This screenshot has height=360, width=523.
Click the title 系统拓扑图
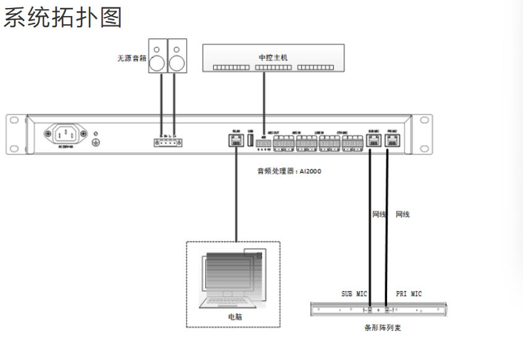click(x=62, y=17)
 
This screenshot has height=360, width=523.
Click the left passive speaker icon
click(x=158, y=56)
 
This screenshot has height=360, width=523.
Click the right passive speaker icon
click(x=177, y=56)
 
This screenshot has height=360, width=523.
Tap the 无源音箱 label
click(x=131, y=59)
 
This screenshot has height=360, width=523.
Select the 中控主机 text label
click(x=273, y=58)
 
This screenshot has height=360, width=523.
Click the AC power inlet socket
click(x=65, y=134)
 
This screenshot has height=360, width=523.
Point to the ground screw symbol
click(x=96, y=142)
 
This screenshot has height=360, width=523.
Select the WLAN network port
click(x=236, y=141)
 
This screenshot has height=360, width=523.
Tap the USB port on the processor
click(x=250, y=140)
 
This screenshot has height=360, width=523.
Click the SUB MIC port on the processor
click(x=373, y=141)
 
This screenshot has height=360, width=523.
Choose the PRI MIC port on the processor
click(x=391, y=141)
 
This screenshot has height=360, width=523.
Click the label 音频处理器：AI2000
click(x=289, y=171)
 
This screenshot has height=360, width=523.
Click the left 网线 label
click(x=379, y=215)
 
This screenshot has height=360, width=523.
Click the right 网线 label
click(x=402, y=215)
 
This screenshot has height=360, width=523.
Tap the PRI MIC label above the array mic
click(x=409, y=294)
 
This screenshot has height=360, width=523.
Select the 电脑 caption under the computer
click(x=234, y=317)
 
